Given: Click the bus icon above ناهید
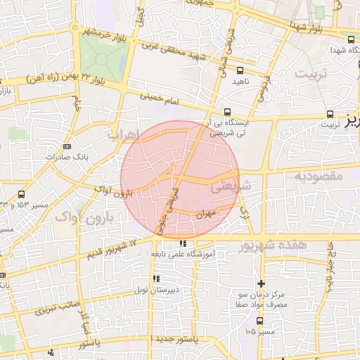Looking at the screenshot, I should coord(240,70).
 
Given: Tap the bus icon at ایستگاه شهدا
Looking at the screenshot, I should coord(350,39).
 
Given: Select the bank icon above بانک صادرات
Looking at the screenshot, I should coord(67,146).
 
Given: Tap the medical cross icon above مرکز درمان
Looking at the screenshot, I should coord(262,282).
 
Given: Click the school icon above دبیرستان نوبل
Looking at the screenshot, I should coord(155,279).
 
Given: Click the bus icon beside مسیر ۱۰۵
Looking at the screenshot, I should coord(261,320).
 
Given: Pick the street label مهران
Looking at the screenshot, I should coord(205,212).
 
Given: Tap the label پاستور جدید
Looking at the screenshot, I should coord(176,340).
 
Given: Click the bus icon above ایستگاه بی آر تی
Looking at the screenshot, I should coord(227,112).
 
